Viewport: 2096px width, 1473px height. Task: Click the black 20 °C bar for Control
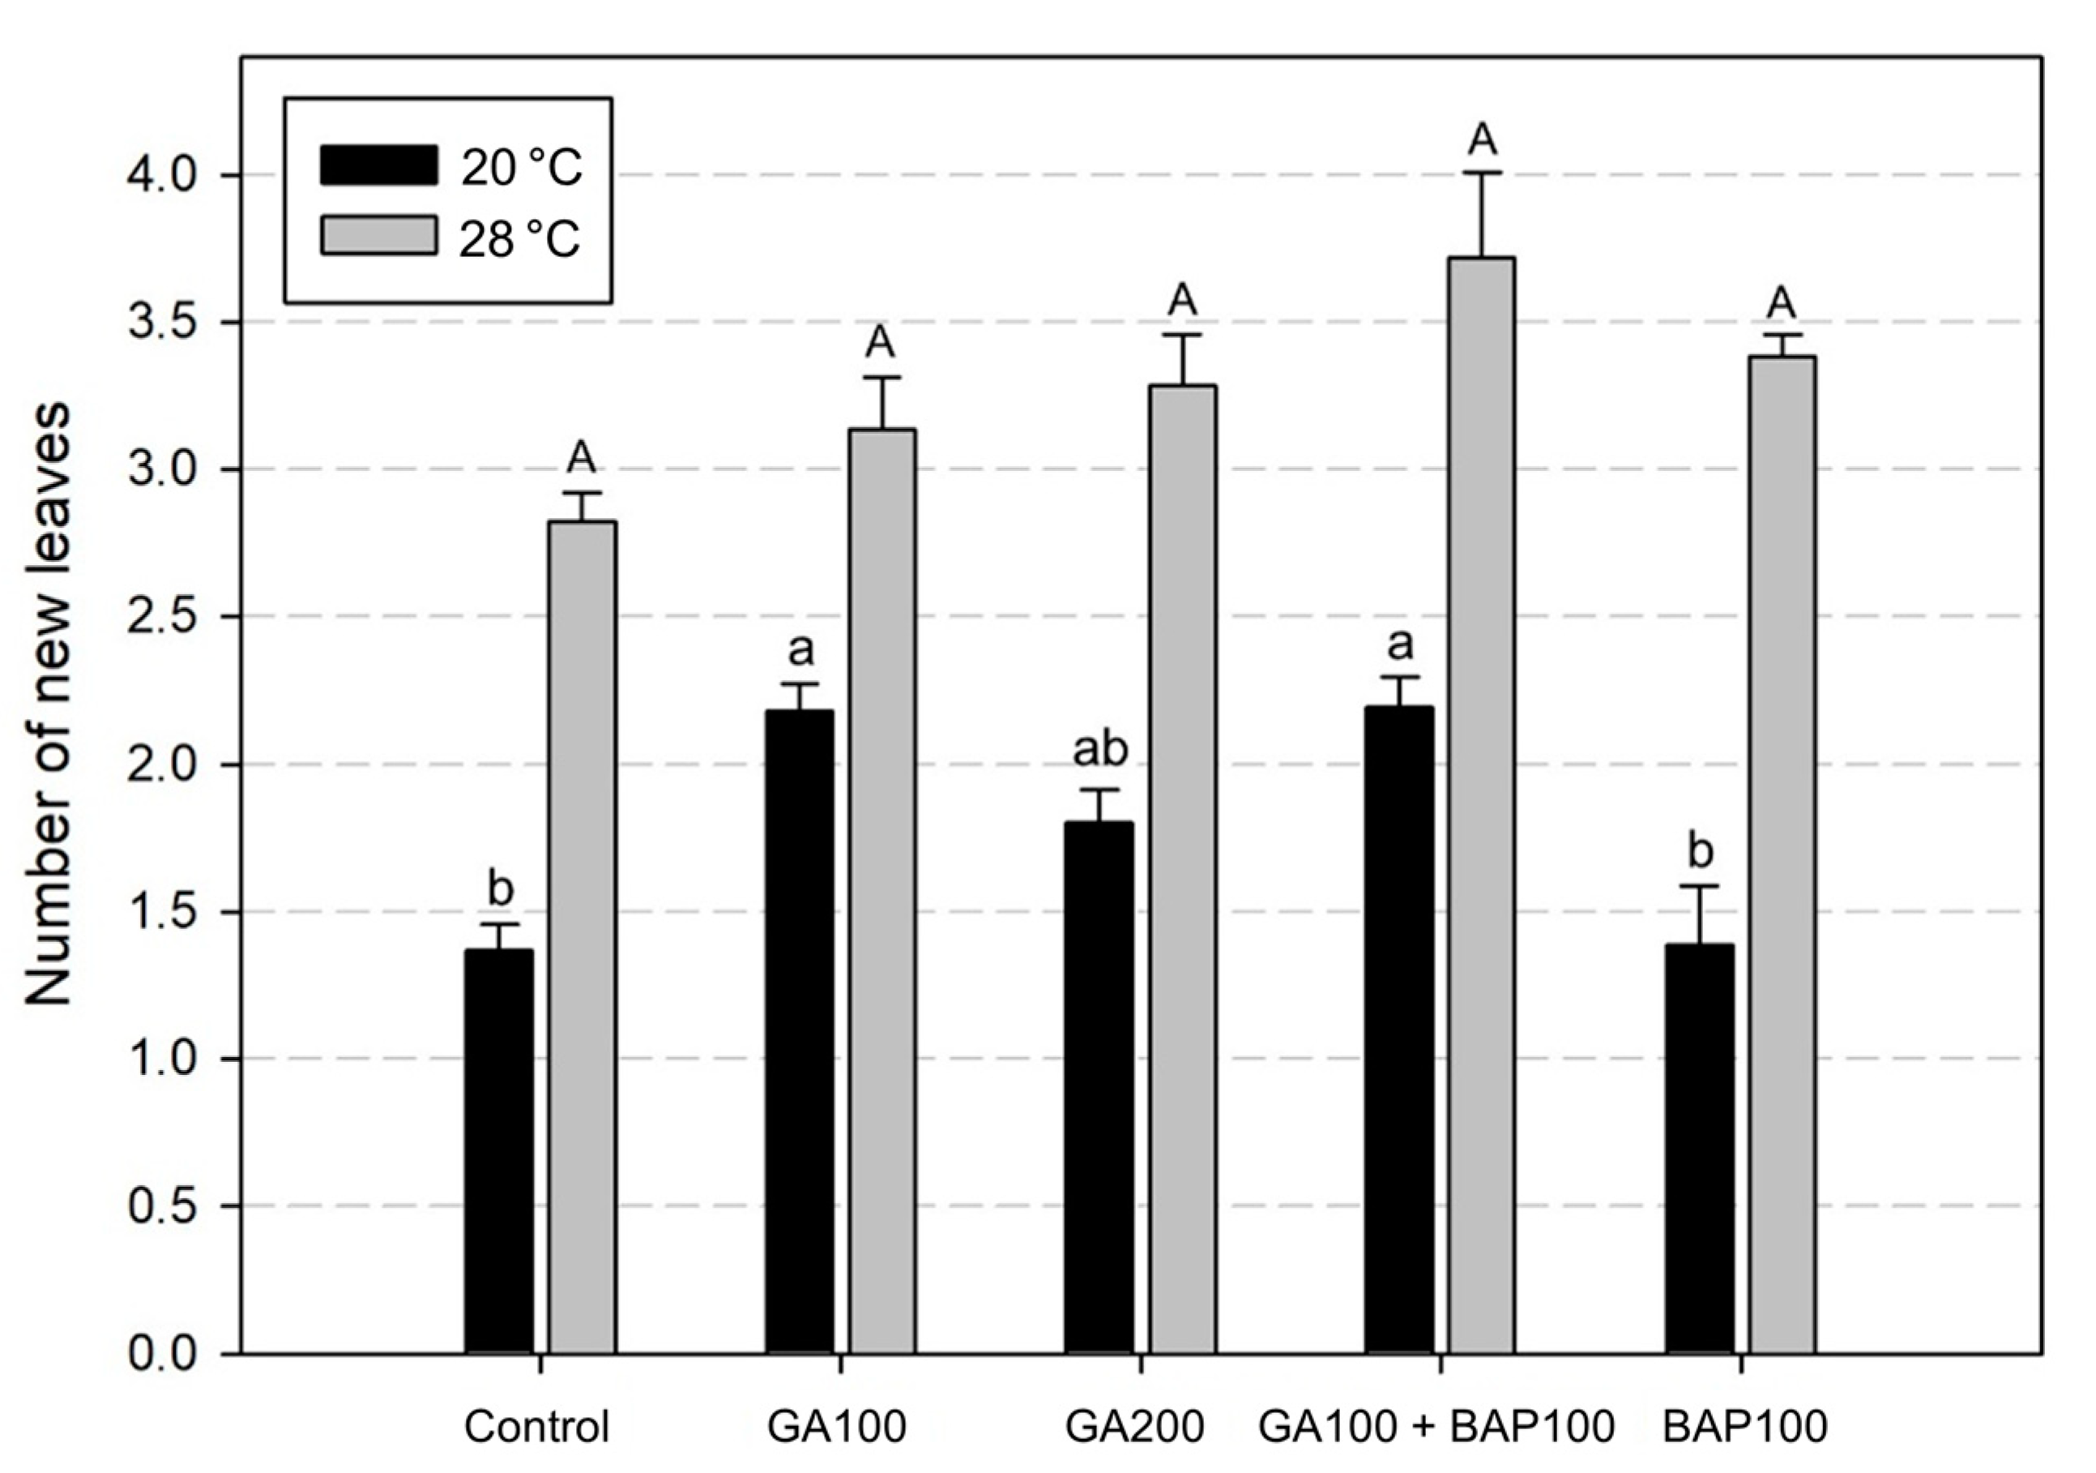click(499, 1150)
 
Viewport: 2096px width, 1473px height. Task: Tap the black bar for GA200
click(1099, 1087)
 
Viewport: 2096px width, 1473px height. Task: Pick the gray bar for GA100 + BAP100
click(1482, 803)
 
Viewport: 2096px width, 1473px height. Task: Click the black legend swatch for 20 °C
click(378, 165)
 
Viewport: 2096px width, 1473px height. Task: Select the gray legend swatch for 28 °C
click(378, 236)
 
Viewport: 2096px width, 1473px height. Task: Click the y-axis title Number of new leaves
click(48, 703)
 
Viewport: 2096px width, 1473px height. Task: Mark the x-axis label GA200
click(1135, 1428)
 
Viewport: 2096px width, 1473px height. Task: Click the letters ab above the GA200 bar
click(1099, 750)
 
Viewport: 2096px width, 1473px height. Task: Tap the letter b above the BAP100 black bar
click(1700, 851)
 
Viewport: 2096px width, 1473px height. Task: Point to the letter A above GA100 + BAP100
click(1483, 139)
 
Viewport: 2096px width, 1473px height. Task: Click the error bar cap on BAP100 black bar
click(1700, 886)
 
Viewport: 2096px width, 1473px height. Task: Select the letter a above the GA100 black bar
click(800, 650)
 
